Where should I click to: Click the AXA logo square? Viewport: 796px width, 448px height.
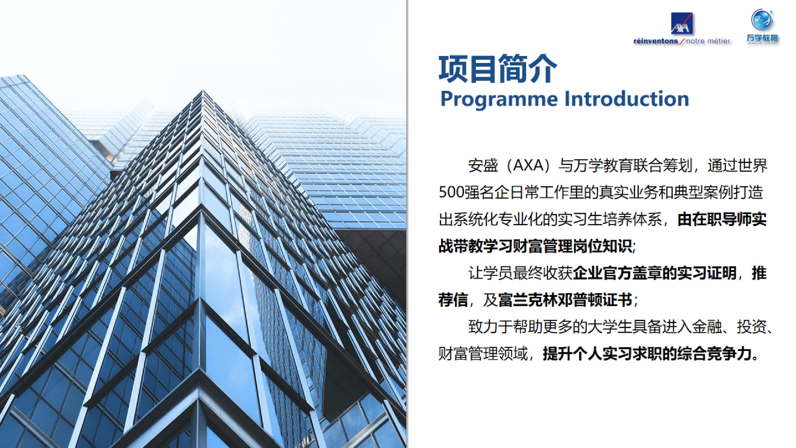click(x=682, y=23)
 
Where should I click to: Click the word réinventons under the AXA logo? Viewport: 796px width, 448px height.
click(x=656, y=41)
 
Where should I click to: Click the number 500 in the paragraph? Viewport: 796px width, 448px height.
click(x=450, y=193)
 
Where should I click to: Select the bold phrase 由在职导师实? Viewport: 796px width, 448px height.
click(x=722, y=220)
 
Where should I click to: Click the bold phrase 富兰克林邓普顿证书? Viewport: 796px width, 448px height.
click(x=565, y=300)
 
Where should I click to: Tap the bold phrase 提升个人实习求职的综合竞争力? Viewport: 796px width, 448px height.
click(x=647, y=354)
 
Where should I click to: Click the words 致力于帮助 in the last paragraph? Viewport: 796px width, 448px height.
click(x=505, y=327)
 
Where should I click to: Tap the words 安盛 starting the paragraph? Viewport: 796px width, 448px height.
click(x=483, y=166)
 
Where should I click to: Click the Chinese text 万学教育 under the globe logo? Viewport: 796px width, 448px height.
click(x=762, y=38)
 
